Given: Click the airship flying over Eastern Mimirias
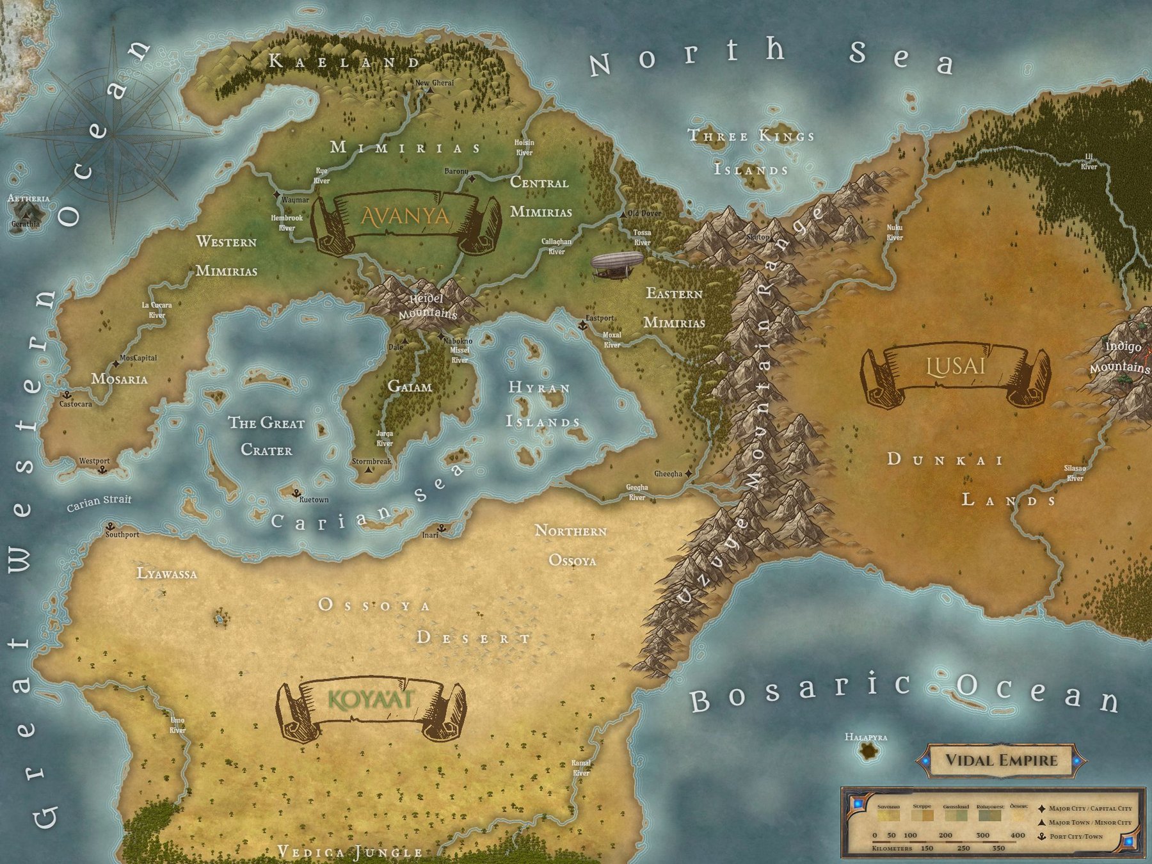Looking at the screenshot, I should coord(617,264).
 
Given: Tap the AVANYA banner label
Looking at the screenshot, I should coord(406,216).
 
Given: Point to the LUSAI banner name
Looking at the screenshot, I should coord(956,367).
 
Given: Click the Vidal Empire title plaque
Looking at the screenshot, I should coord(1002,760).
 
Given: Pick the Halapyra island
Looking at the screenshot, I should coord(868,751).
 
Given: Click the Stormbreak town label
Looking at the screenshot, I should coord(371,461).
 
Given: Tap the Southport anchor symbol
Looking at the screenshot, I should coord(110,526).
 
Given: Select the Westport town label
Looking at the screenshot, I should coord(94,461).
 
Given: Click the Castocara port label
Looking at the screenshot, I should coord(76,404).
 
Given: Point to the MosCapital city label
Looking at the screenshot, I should coord(138,358).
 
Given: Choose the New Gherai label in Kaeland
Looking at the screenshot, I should coord(435,83).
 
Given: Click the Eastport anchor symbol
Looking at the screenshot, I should coord(582,326).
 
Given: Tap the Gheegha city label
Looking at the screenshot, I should coord(668,474).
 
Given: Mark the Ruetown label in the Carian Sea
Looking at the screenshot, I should coord(314,500).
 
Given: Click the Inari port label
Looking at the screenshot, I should coord(430,535).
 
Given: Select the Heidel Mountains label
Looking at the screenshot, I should coord(427,306).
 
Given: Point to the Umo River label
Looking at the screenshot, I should coord(177,725).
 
